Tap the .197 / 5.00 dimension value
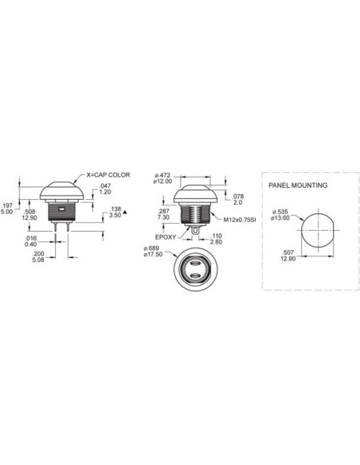click(x=6, y=208)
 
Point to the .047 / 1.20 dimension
click(x=106, y=190)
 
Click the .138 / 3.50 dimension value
click(x=115, y=212)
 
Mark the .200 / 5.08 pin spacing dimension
click(x=39, y=257)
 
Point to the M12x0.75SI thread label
click(x=238, y=220)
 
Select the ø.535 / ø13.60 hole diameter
click(x=282, y=217)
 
